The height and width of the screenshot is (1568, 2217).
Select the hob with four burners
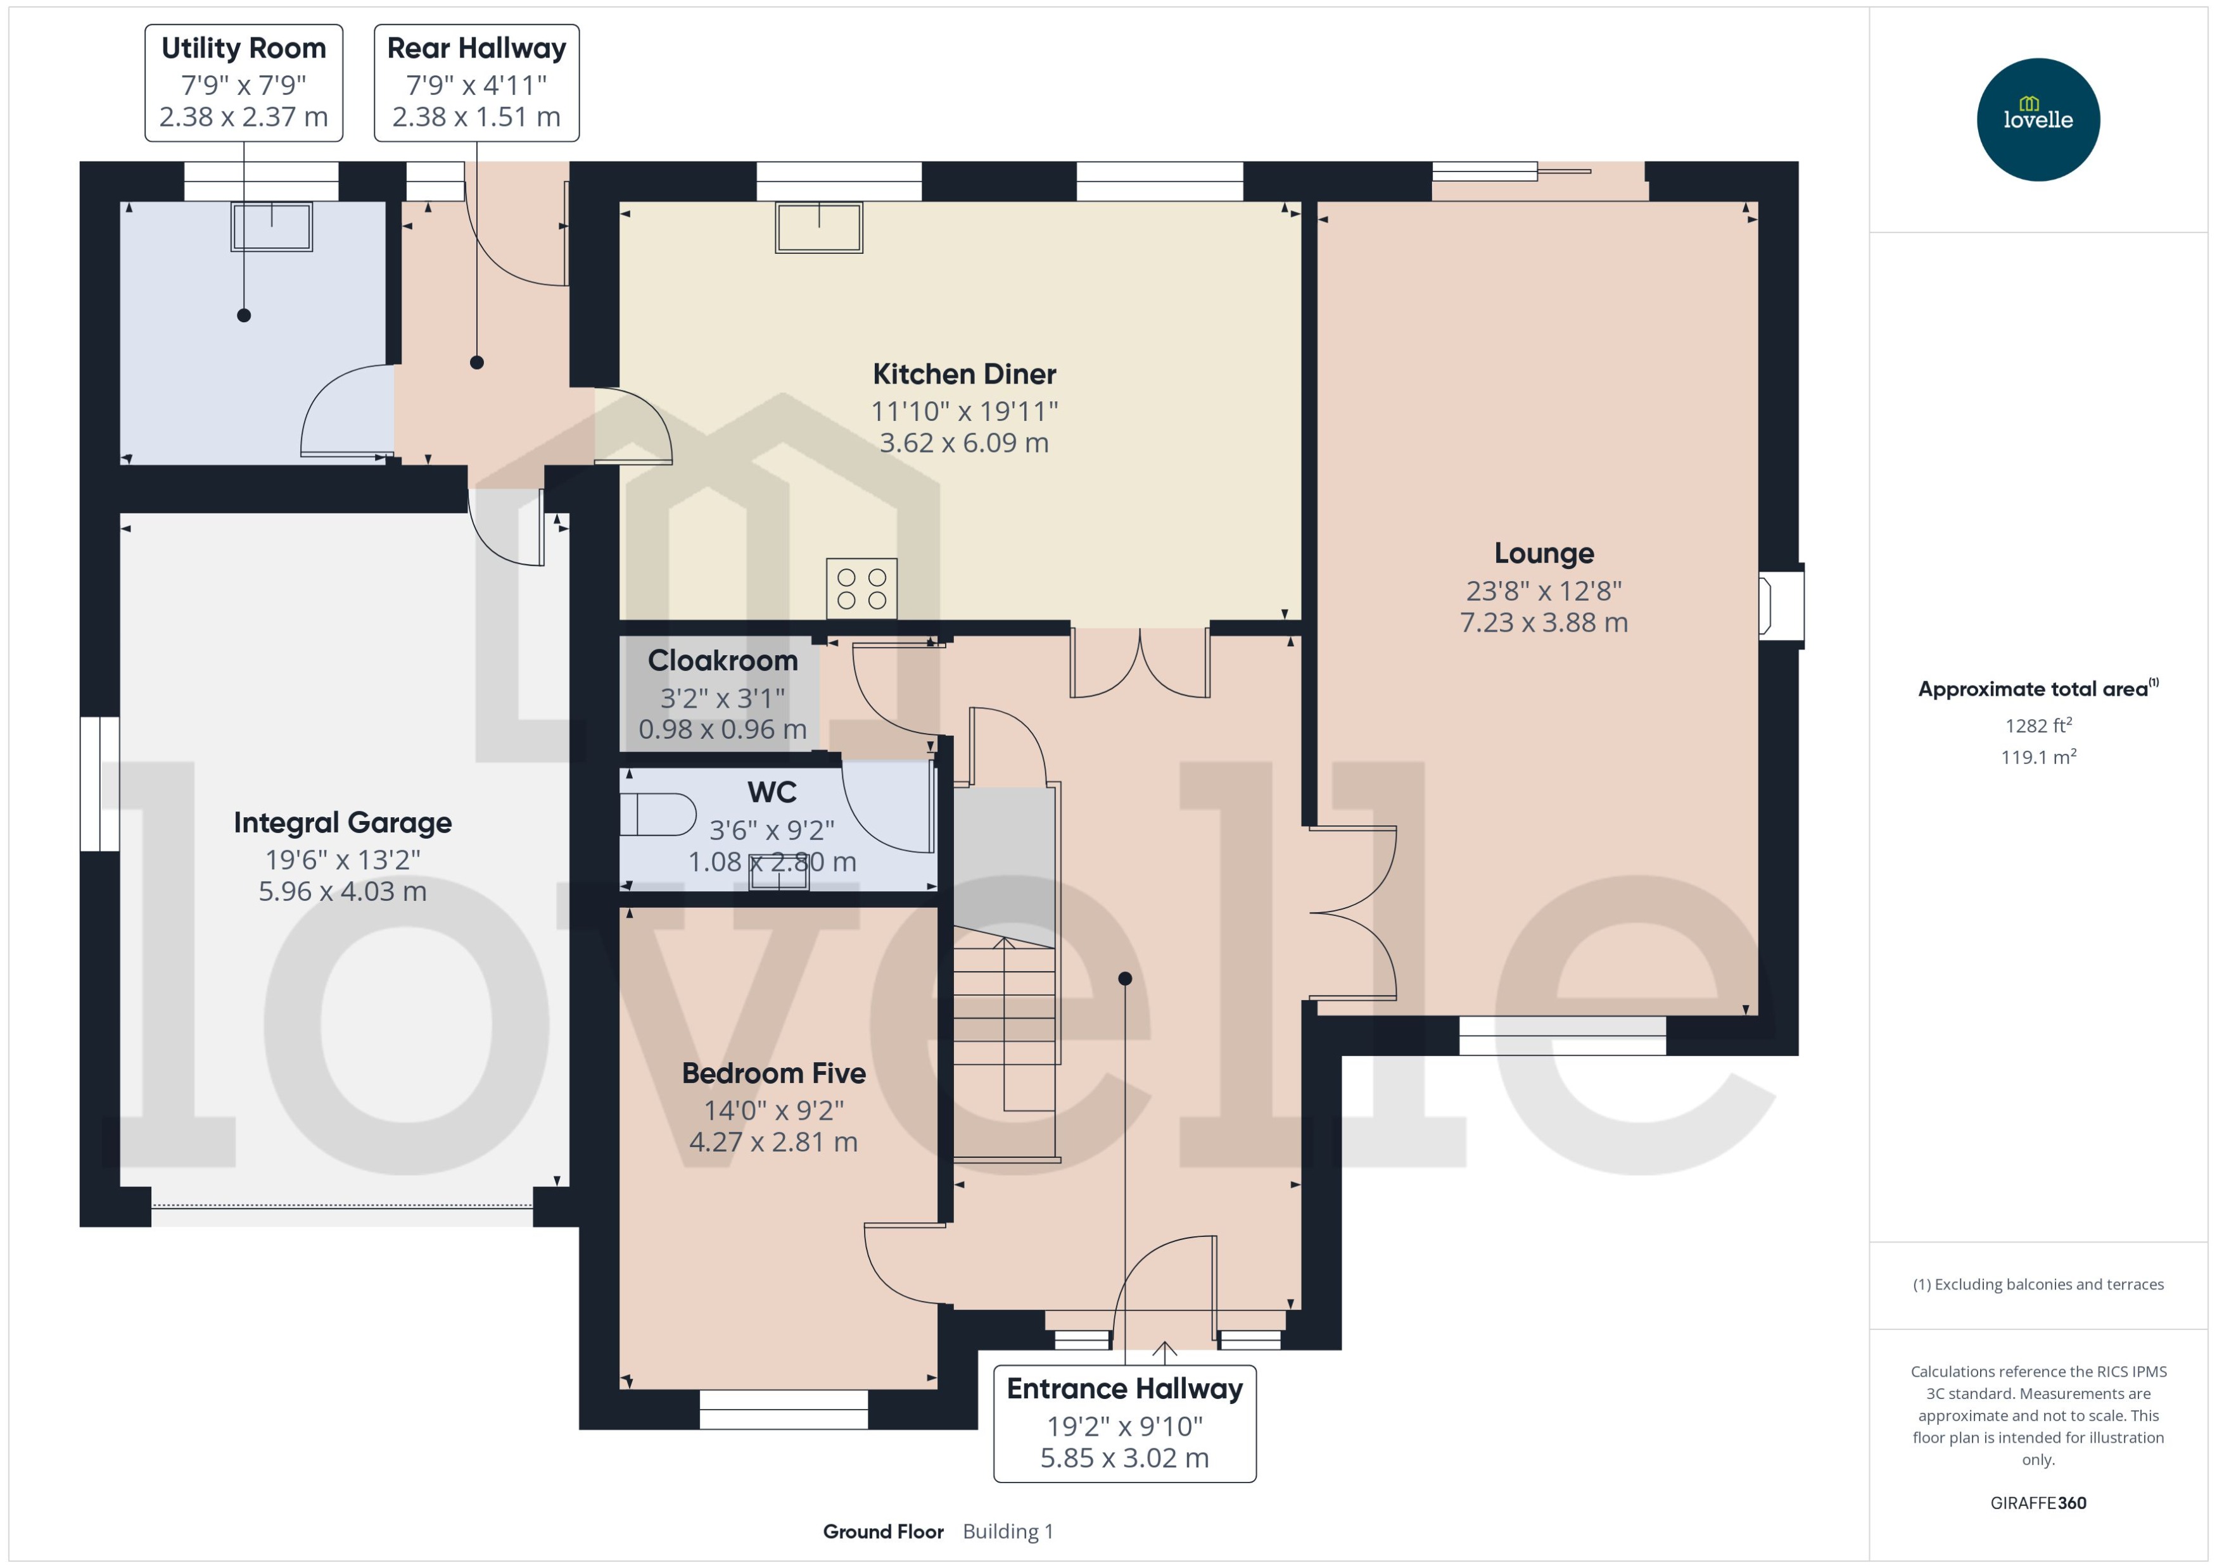tap(861, 588)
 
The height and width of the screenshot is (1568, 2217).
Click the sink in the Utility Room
tap(272, 227)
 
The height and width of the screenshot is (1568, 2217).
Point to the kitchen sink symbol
tap(818, 228)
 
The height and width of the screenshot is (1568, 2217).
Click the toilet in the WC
tap(657, 814)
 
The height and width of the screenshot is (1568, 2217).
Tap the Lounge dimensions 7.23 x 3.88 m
tap(1543, 623)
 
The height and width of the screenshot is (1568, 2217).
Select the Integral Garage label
tap(342, 823)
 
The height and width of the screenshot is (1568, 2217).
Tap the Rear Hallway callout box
tap(476, 83)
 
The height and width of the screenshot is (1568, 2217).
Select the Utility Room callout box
tap(243, 83)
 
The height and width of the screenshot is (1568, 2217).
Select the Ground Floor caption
tap(883, 1531)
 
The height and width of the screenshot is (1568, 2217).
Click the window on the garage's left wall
tap(99, 783)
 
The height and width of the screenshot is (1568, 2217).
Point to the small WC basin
tap(778, 877)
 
